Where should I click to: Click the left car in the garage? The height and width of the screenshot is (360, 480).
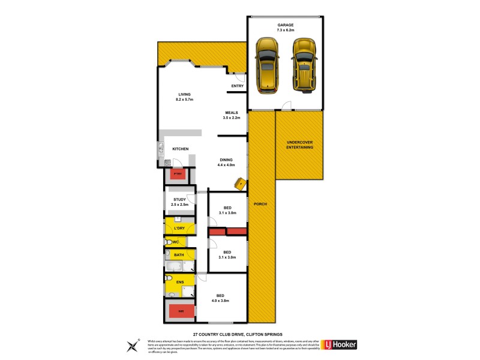click(266, 66)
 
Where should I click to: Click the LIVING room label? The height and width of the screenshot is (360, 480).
click(184, 97)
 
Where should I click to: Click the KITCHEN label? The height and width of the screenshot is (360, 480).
click(181, 149)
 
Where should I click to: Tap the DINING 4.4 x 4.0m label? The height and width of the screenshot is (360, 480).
click(226, 162)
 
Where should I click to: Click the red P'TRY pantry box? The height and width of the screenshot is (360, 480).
click(177, 174)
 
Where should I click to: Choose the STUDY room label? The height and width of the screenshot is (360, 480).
click(179, 202)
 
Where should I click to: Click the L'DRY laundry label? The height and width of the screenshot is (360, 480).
click(179, 229)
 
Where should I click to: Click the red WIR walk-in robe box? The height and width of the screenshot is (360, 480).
click(181, 311)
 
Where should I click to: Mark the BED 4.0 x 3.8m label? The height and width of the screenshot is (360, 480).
click(222, 298)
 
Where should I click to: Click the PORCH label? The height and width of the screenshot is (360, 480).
click(260, 204)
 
